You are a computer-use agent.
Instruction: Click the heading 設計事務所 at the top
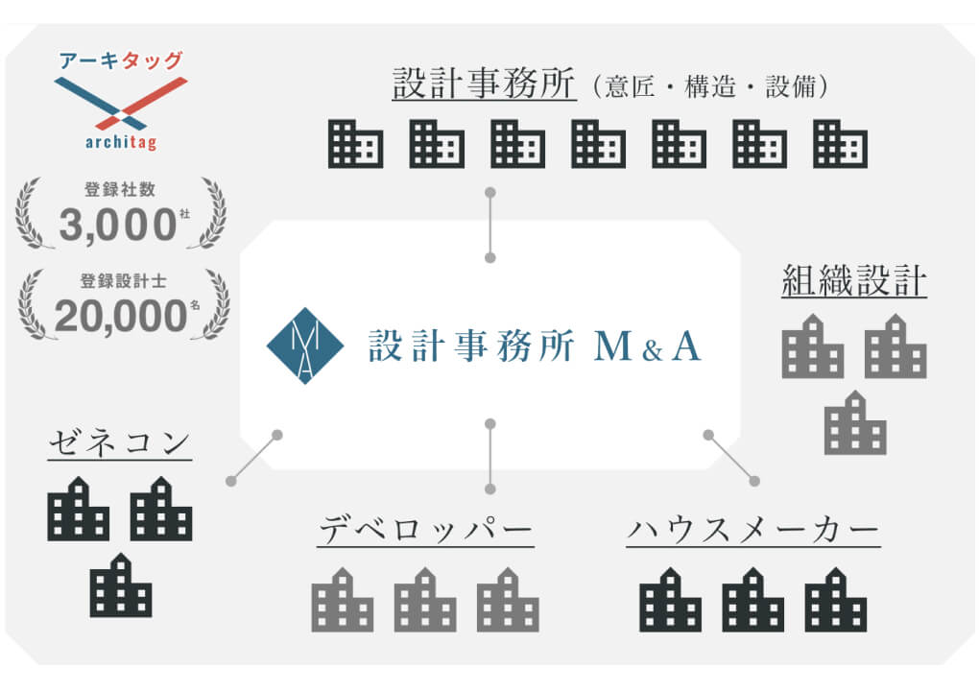coord(484,83)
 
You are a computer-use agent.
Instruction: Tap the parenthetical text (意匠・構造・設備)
coord(710,86)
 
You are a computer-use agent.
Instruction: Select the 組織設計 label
coord(854,281)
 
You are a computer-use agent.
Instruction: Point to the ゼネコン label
coord(119,445)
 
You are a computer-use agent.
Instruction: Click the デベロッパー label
coord(425,531)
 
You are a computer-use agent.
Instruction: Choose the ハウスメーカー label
coord(753,531)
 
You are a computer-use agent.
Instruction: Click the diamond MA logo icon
coord(304,345)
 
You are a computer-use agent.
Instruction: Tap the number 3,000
coord(118,226)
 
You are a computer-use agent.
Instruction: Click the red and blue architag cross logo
coord(121,103)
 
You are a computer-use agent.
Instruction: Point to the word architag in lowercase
coord(121,143)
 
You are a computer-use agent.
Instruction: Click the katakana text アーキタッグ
coord(121,61)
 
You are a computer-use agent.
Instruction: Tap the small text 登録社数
coord(120,190)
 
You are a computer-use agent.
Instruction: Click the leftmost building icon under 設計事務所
coord(355,144)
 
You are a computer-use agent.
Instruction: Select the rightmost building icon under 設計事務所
coord(840,144)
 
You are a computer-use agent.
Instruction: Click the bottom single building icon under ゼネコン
coord(121,585)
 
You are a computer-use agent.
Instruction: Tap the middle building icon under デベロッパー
coord(425,600)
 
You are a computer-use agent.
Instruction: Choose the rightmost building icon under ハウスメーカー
coord(836,600)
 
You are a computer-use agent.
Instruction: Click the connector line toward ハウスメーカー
coord(731,458)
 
